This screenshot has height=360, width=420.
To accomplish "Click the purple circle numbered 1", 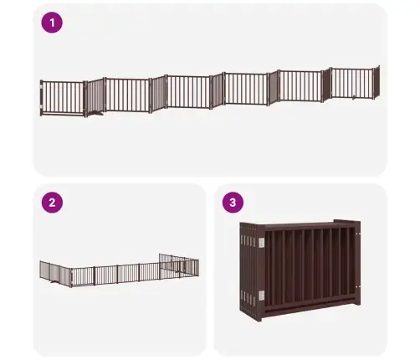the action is pos(52,23).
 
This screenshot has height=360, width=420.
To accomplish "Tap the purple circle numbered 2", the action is pos(52,203).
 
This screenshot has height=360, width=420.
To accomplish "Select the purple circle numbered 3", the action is pos(233,203).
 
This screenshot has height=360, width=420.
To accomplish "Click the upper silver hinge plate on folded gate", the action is pos(261,243).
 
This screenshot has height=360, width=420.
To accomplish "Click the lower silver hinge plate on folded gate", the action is pos(261,296).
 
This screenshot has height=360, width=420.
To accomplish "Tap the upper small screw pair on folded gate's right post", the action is pos(358,234).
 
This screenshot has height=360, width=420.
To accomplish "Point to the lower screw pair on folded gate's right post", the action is pos(358,286).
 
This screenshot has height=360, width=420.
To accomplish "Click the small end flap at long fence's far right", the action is pos(376,82).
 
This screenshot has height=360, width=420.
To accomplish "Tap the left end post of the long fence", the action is pos(42,98).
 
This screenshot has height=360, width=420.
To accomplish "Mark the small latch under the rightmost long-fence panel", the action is pos(353,97).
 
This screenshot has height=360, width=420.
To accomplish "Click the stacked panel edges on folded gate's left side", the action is pos(248,270).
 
